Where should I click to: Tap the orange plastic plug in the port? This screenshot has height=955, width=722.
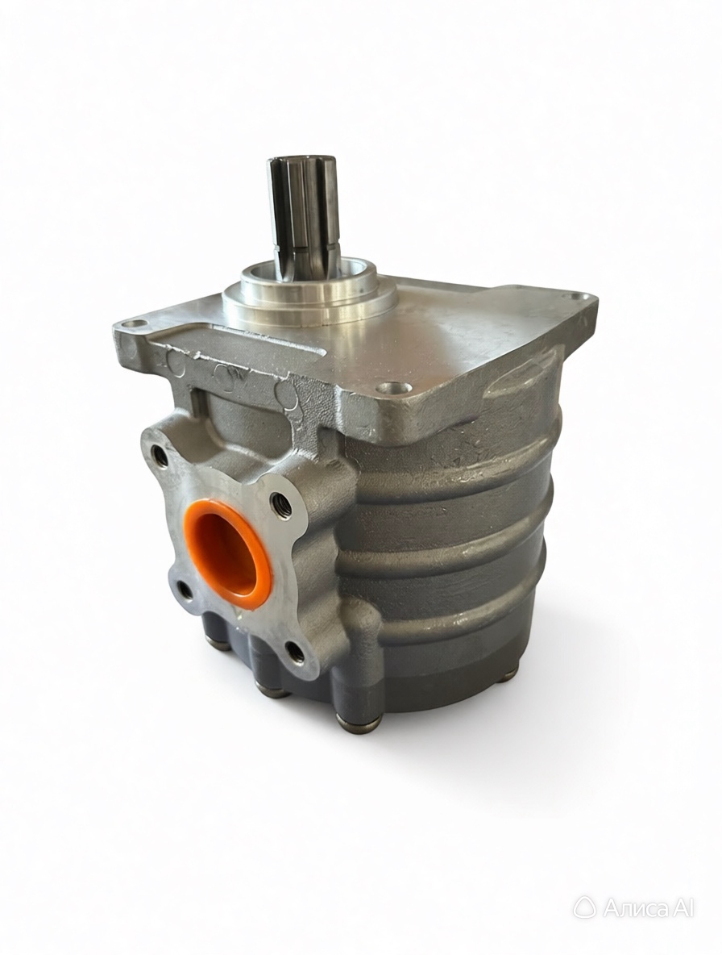pyautogui.click(x=228, y=553)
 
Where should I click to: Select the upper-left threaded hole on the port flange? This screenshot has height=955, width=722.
pyautogui.click(x=160, y=457)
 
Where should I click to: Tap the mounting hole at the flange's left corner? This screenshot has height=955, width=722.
pyautogui.click(x=137, y=324)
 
